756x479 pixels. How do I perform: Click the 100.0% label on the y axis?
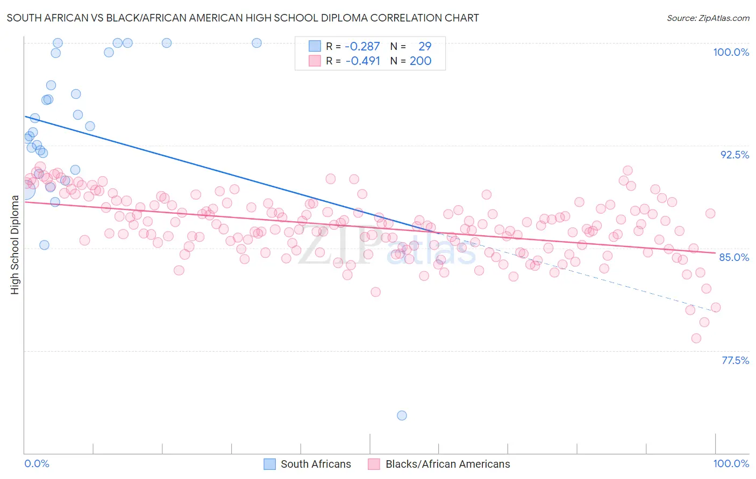[x=731, y=52]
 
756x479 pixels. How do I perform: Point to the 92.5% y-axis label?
[x=734, y=155]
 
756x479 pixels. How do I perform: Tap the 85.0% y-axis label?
[x=734, y=257]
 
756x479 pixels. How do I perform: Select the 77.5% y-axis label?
[x=735, y=360]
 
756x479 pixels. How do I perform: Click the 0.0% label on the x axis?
[x=37, y=463]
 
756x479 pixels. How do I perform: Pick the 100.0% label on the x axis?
[x=731, y=463]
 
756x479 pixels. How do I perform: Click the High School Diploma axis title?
[x=15, y=244]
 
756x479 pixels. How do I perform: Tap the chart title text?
[x=243, y=18]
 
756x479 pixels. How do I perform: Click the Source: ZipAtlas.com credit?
[x=708, y=18]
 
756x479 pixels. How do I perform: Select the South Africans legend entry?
[x=316, y=464]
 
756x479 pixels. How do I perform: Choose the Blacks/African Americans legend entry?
[x=447, y=464]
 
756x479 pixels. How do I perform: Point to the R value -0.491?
[x=362, y=61]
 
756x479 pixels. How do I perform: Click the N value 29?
[x=425, y=47]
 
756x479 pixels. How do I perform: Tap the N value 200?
[x=420, y=61]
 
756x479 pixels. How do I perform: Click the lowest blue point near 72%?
[x=402, y=415]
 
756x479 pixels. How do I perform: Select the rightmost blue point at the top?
[x=257, y=43]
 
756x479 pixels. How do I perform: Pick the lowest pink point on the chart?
[x=696, y=338]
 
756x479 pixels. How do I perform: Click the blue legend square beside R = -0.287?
[x=315, y=46]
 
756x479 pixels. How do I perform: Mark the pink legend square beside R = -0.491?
[x=315, y=61]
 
